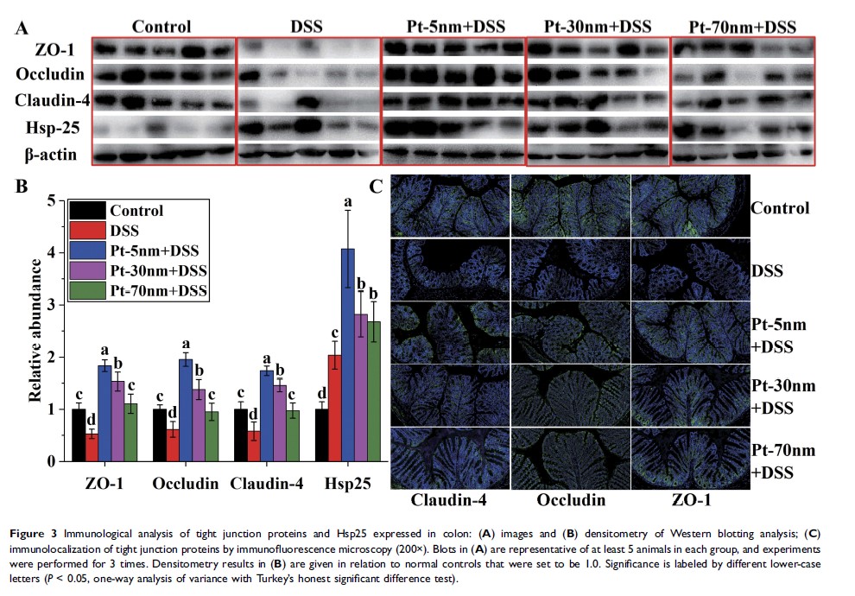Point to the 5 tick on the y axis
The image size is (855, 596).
61,200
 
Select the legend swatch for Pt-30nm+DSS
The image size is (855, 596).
88,270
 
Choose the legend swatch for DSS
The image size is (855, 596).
88,231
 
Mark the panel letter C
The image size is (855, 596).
376,186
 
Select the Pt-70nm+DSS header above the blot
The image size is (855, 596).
742,28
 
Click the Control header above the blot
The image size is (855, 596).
162,27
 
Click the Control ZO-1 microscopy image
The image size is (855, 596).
689,207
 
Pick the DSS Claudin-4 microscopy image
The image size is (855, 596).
450,269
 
